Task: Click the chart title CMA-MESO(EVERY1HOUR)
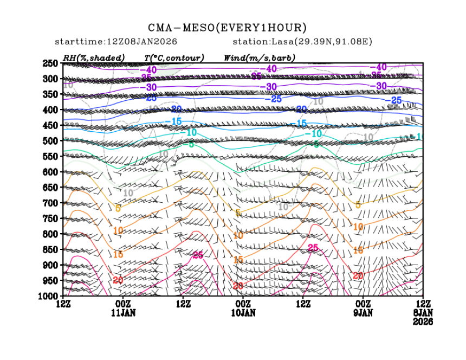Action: [228, 28]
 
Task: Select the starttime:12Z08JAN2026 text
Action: [116, 42]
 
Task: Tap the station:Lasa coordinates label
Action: [305, 42]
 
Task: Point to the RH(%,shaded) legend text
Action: [94, 57]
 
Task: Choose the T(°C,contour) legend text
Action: [174, 57]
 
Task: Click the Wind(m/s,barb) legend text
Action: [260, 57]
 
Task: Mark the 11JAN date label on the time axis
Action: [123, 313]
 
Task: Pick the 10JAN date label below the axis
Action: [243, 313]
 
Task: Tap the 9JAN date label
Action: [363, 313]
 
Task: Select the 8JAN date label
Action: [423, 313]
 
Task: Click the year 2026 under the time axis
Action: [423, 322]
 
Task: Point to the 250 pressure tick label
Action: [50, 63]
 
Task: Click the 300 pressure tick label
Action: [50, 79]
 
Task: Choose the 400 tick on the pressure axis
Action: [50, 110]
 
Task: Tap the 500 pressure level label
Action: [50, 141]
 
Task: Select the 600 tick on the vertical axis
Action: [50, 172]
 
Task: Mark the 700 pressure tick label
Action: [50, 203]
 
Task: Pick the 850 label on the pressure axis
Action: [50, 249]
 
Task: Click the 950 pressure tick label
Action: [50, 280]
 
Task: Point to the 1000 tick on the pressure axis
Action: [48, 296]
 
